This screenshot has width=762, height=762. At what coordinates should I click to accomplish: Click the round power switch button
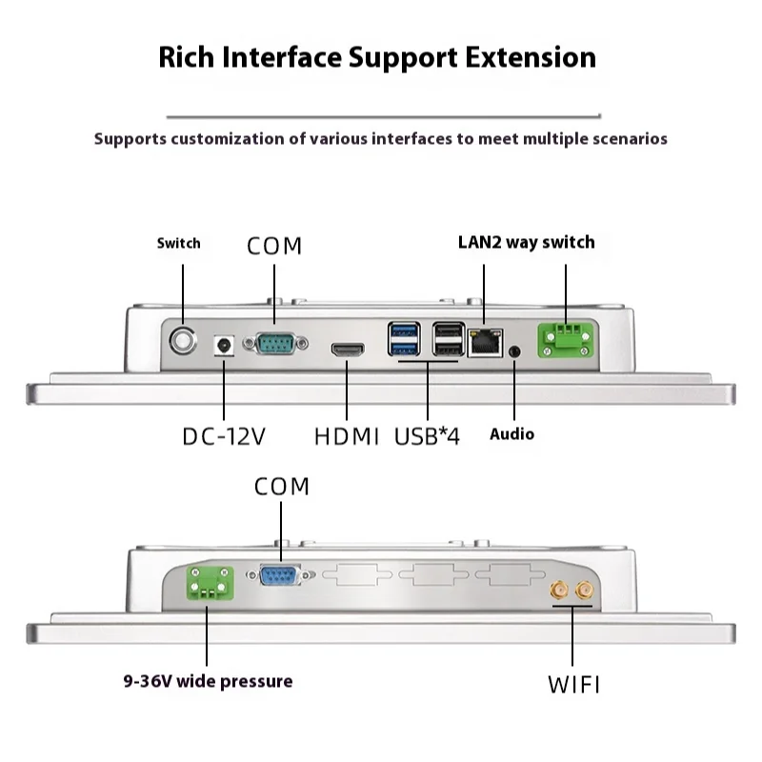click(x=181, y=339)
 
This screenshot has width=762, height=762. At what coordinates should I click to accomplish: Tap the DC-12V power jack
click(x=225, y=344)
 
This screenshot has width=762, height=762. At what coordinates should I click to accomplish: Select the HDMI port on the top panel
click(x=348, y=350)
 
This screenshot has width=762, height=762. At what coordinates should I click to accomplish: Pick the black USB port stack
click(x=448, y=339)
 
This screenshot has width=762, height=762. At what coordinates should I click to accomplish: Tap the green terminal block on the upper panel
click(x=565, y=339)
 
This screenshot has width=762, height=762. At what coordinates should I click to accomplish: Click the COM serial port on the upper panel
click(x=273, y=343)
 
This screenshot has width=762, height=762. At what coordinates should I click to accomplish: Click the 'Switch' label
click(x=179, y=243)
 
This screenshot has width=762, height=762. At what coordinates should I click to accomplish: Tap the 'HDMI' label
click(x=347, y=437)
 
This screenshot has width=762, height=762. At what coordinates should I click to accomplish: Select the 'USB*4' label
click(x=427, y=437)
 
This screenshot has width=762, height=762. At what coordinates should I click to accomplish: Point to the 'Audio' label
click(x=512, y=434)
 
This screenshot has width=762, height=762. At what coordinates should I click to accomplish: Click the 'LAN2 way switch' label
click(x=527, y=242)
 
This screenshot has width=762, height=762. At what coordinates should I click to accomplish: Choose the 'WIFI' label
click(x=573, y=684)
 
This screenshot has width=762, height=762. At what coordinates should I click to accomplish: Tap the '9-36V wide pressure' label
click(x=208, y=681)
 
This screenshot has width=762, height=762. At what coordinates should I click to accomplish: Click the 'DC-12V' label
click(x=224, y=437)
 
